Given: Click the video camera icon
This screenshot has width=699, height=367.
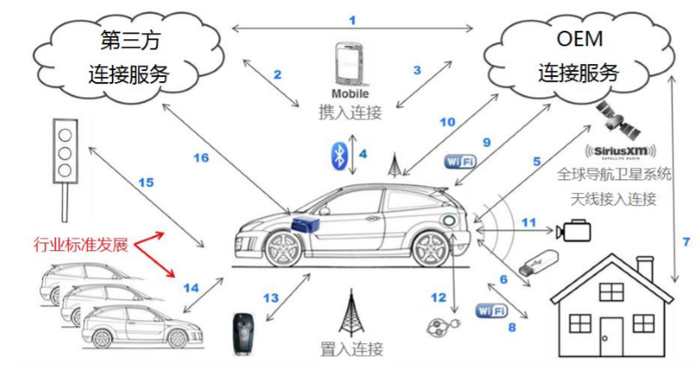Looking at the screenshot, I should click(x=574, y=231).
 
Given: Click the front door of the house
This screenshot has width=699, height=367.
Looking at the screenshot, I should click(x=611, y=335).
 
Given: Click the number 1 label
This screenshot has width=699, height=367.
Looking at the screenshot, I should click(x=352, y=19).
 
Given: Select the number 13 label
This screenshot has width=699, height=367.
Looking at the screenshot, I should click(x=270, y=298).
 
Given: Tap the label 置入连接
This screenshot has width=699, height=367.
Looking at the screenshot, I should click(x=352, y=348).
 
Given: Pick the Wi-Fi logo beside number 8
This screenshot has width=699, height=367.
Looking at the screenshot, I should click(x=494, y=308).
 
